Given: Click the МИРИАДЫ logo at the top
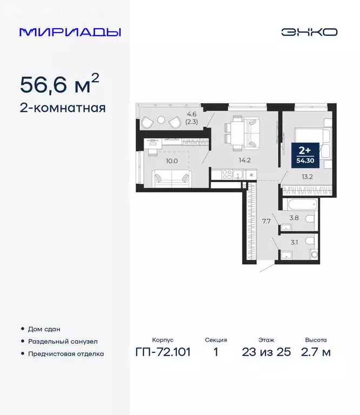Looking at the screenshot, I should point(70,32).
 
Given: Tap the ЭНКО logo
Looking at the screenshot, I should point(309,32).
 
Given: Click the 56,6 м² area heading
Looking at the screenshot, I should point(59,85).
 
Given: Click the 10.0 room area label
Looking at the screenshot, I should point(171,160).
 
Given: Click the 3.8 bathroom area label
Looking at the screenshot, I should point(295,218).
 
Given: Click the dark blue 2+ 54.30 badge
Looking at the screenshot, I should point(305,153).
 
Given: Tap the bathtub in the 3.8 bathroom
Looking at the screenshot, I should point(299,205).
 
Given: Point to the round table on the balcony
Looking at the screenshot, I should point(161,122).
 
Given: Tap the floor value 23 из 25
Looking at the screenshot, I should point(266,352).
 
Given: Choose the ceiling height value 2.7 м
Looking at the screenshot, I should point(316,352).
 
